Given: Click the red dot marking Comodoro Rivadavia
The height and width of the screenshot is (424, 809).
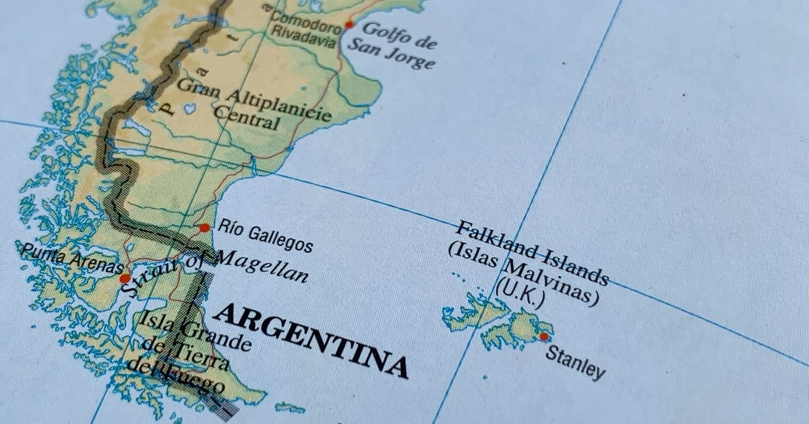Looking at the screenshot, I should pyautogui.click(x=349, y=25).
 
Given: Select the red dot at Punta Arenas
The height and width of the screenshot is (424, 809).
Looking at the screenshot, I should pyautogui.click(x=125, y=278).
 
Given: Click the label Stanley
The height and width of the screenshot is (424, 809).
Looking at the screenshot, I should pyautogui.click(x=575, y=362).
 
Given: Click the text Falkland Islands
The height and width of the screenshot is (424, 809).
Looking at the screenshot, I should pyautogui.click(x=533, y=253).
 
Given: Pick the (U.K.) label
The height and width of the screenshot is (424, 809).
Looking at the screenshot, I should pyautogui.click(x=520, y=296).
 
